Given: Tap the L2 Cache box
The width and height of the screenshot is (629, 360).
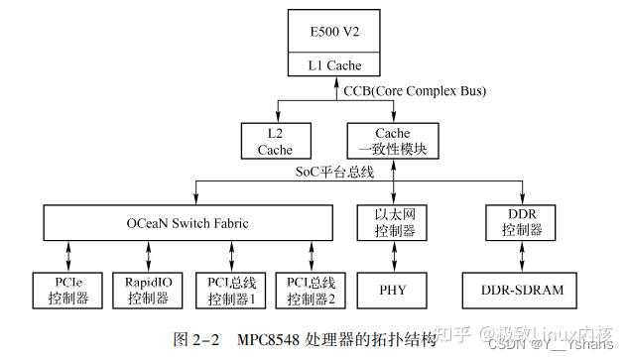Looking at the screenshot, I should (x=275, y=142).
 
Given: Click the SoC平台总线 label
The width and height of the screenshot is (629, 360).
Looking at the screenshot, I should (x=334, y=172).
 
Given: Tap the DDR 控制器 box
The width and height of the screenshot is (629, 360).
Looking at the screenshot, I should (x=516, y=223).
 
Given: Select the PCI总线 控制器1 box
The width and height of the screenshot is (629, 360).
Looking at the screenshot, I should (x=226, y=289).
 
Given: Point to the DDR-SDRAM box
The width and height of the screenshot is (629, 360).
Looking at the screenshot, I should (x=516, y=290).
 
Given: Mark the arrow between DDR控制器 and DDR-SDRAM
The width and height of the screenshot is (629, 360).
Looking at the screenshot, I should (x=516, y=256).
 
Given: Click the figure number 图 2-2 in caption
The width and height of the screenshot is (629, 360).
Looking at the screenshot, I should (x=199, y=339).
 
